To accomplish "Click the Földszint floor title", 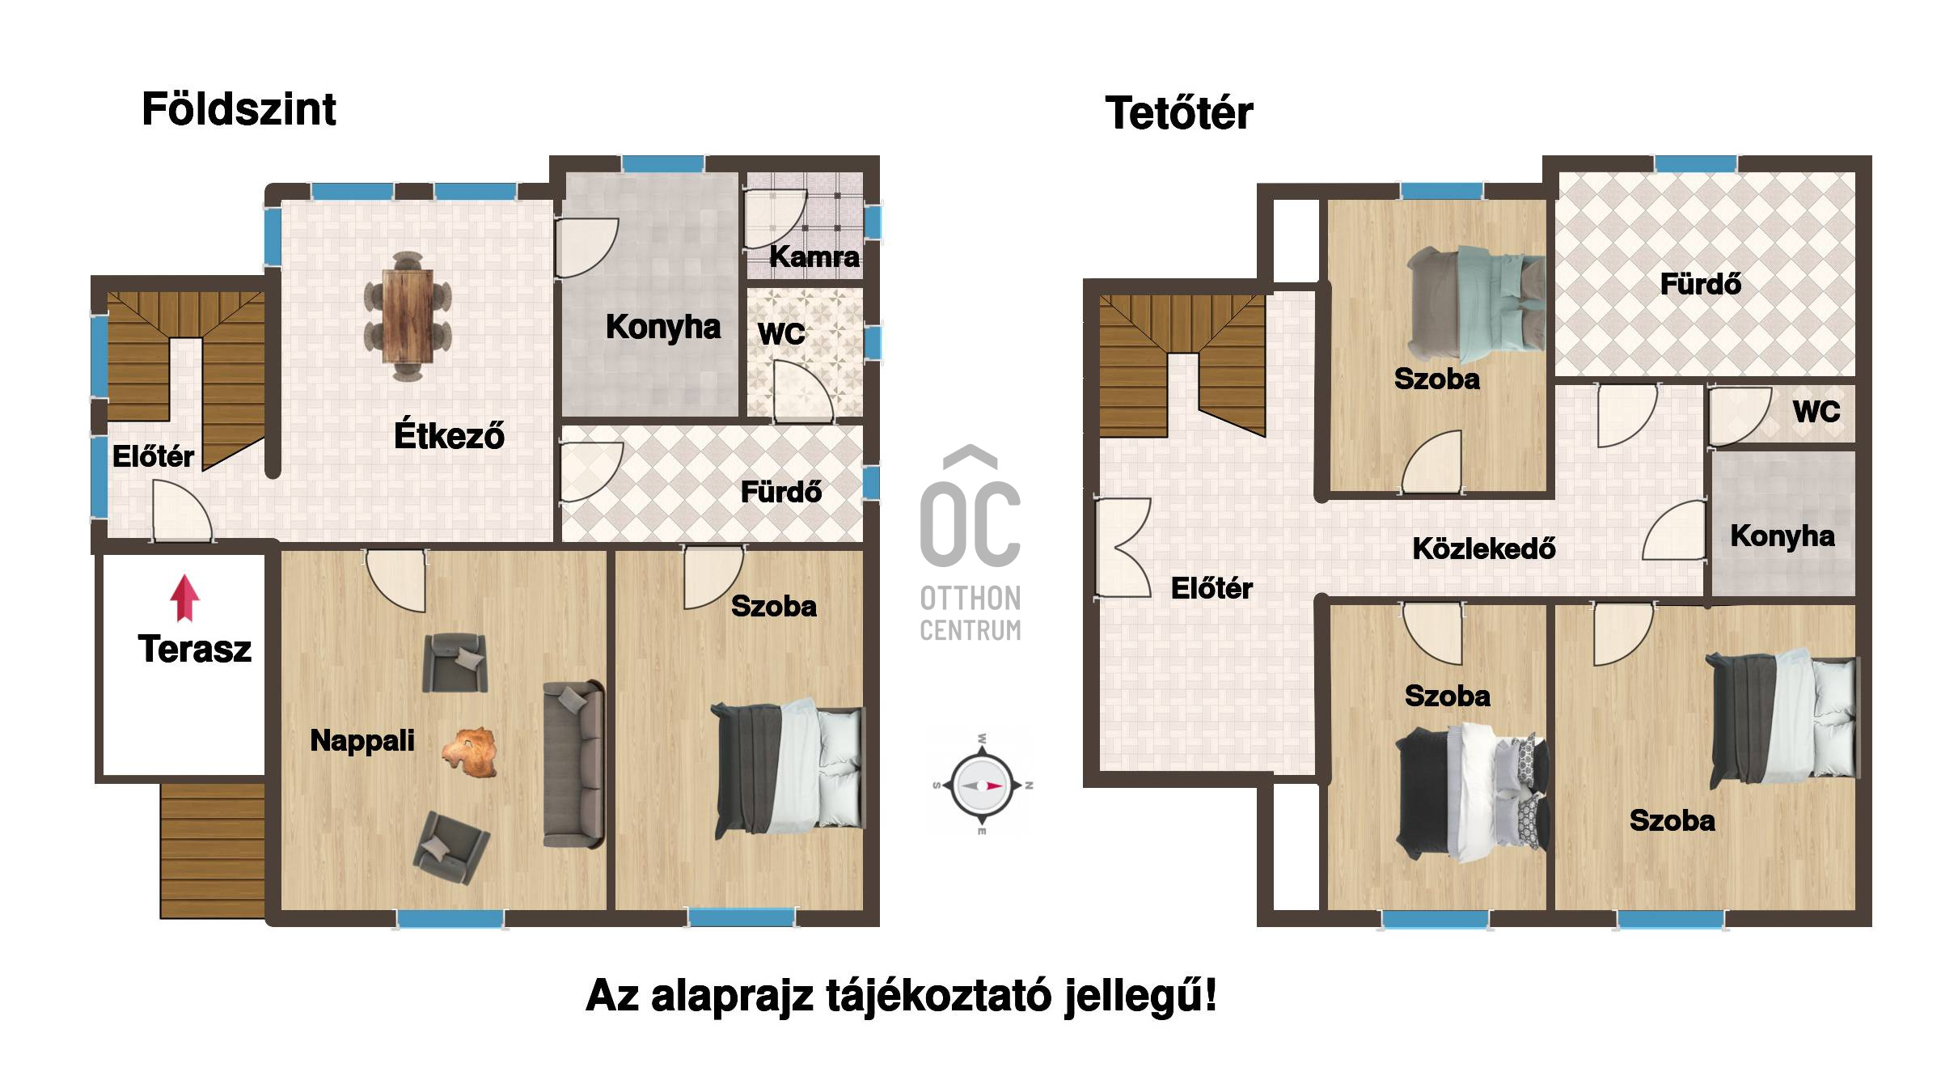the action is click(239, 109).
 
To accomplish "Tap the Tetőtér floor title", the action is click(1179, 112).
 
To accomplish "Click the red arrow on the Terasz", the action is click(185, 598).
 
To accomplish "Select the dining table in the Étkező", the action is click(408, 315).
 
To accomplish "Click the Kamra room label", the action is click(814, 256).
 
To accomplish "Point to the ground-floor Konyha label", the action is click(663, 327).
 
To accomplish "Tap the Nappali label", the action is click(362, 740).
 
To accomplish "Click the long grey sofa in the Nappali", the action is click(573, 764).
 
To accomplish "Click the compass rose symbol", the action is click(983, 785).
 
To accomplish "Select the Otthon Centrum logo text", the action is click(970, 614).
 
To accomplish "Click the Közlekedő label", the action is click(1484, 548).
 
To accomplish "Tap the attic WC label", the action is click(1816, 412).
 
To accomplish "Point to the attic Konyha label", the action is click(1782, 536).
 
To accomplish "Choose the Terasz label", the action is click(195, 649).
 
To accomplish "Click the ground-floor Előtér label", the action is click(153, 456).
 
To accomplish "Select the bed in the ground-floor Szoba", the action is click(788, 769).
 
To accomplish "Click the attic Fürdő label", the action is click(1700, 284).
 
